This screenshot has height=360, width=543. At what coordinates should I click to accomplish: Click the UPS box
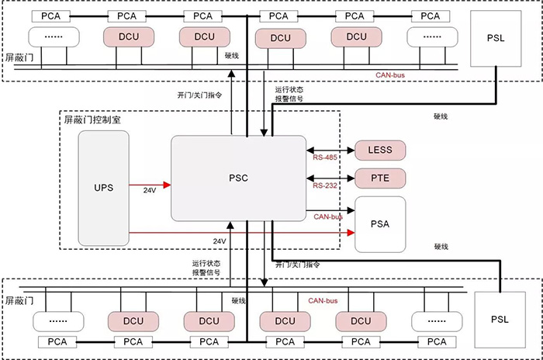click(x=103, y=189)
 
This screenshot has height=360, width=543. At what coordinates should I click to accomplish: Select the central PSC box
click(x=238, y=178)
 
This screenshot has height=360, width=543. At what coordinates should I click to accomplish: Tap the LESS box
click(x=380, y=150)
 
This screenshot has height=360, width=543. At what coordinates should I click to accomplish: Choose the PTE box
click(x=380, y=178)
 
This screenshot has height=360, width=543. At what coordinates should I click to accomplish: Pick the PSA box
click(x=380, y=223)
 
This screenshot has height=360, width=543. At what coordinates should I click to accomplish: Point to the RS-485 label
click(x=324, y=158)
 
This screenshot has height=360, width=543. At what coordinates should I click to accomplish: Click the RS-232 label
click(x=324, y=186)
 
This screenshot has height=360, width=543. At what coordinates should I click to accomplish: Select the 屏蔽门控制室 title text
click(x=92, y=120)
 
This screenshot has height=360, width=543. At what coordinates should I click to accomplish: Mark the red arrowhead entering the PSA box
click(x=351, y=232)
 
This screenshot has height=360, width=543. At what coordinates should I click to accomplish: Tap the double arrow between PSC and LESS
click(x=330, y=150)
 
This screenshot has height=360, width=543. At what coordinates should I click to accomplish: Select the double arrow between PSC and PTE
click(x=330, y=178)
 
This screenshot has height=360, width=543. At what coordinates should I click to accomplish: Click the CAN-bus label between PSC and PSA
click(x=329, y=216)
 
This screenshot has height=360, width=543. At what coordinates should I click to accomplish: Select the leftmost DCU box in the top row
click(x=129, y=36)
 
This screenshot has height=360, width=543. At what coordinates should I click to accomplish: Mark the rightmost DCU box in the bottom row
click(x=361, y=320)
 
